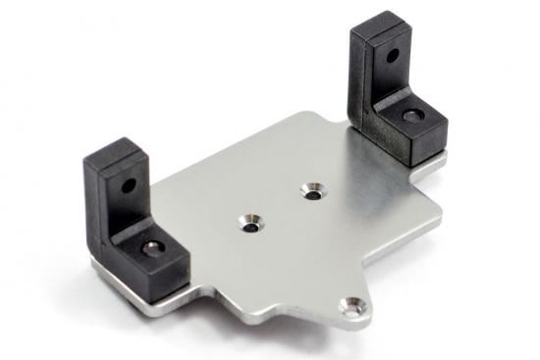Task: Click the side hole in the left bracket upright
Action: pos(126,183)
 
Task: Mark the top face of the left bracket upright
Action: pos(110,154)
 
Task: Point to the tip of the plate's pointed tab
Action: pos(361,321)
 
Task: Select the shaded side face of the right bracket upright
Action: pos(360,78)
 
